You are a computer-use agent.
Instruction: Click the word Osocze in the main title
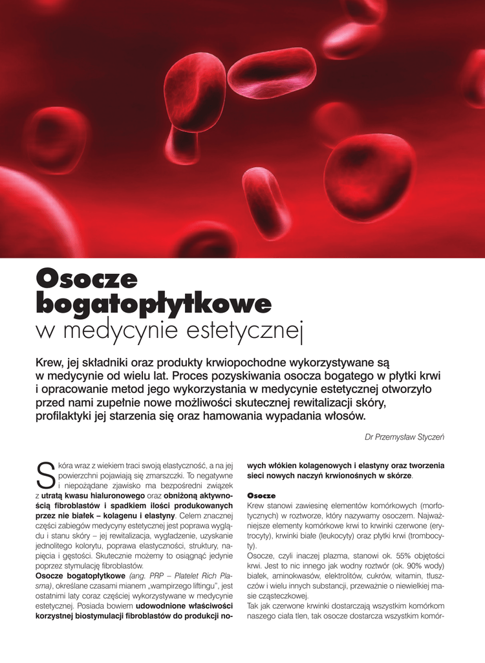tap(87, 279)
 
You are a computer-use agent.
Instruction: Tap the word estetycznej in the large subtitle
tap(250, 331)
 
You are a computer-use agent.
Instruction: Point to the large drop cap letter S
tap(45, 475)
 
